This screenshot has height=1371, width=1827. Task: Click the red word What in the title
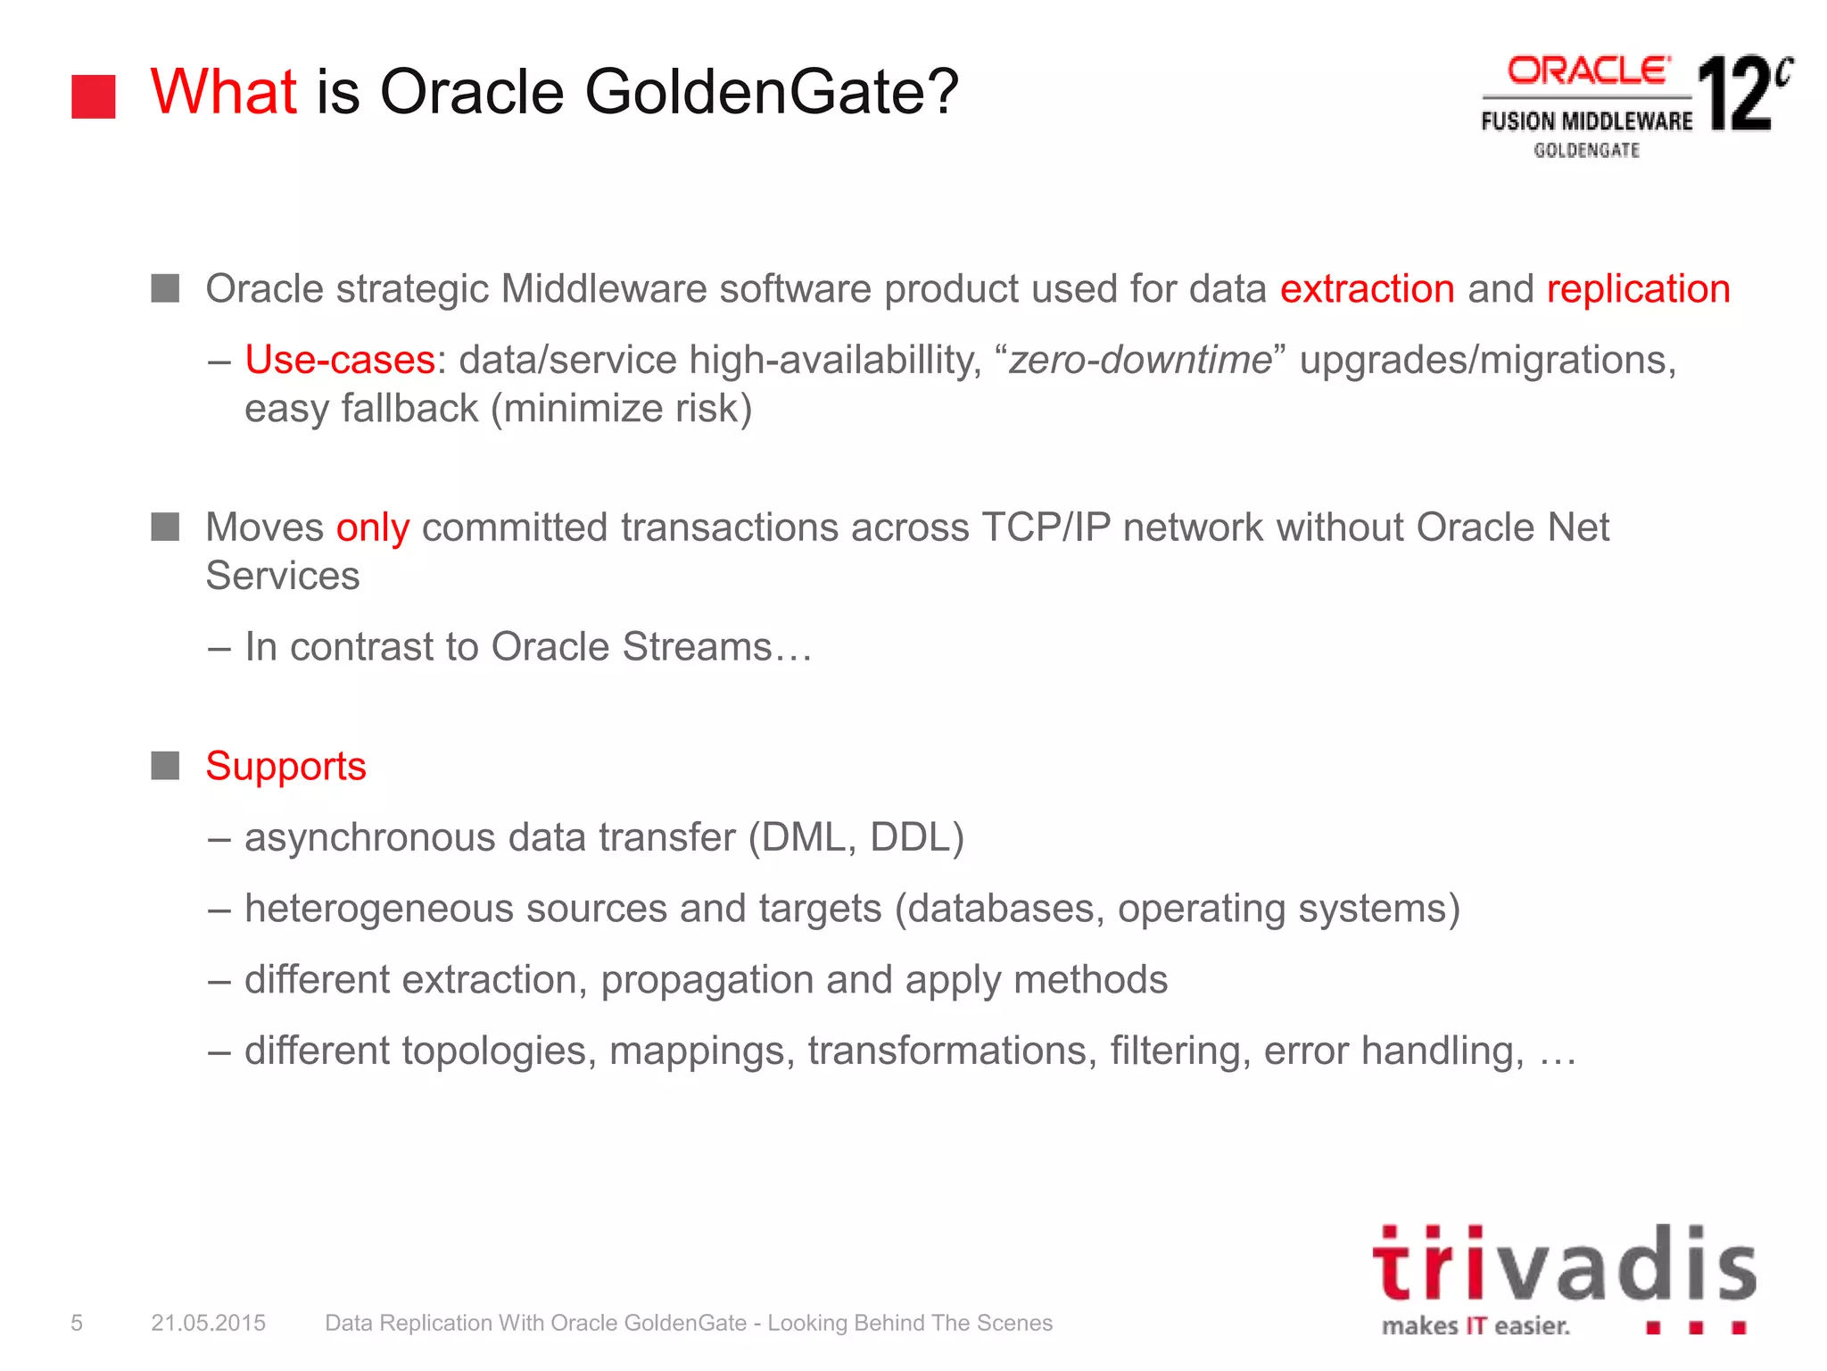tap(223, 92)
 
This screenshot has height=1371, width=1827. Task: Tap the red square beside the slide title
tap(94, 96)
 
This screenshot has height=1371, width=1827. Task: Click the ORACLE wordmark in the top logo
tap(1588, 71)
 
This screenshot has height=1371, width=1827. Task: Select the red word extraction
tap(1367, 289)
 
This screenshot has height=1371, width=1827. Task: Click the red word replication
tap(1638, 289)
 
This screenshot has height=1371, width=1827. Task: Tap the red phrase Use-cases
tap(339, 360)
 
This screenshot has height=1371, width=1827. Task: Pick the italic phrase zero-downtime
tap(1139, 360)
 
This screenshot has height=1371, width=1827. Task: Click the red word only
tap(372, 528)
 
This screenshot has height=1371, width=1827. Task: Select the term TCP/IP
tap(1046, 528)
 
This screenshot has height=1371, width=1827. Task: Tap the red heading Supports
tap(285, 766)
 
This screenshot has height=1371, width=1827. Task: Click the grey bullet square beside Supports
tap(165, 766)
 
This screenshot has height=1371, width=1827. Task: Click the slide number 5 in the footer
tap(77, 1323)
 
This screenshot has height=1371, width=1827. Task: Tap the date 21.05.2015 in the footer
tap(208, 1323)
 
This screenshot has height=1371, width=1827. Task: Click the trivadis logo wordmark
tap(1563, 1266)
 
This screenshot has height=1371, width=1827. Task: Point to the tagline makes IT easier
tap(1476, 1326)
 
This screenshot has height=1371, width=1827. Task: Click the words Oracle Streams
tap(631, 647)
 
